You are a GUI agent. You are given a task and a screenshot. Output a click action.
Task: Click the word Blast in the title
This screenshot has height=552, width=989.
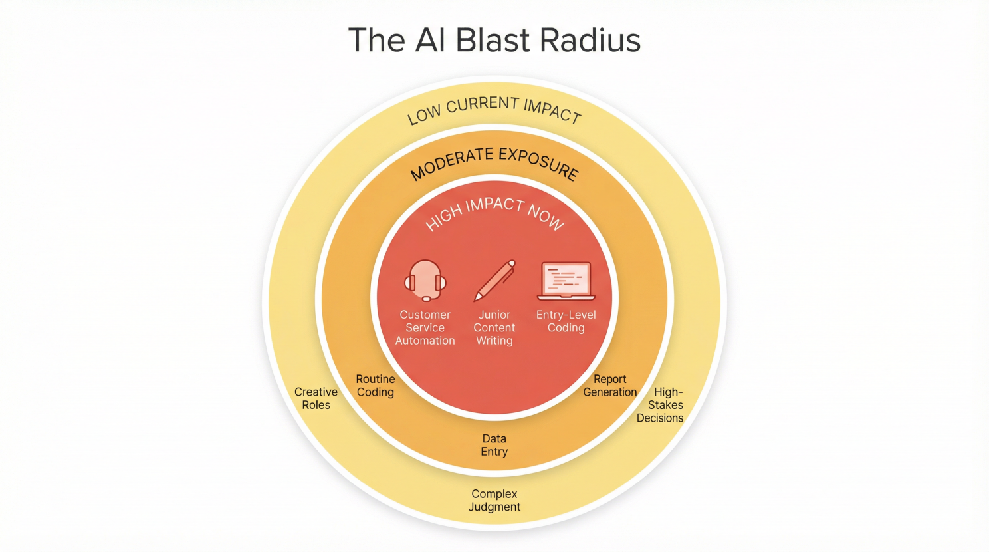(493, 40)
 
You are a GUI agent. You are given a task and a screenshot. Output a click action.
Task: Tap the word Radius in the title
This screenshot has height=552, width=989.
(590, 40)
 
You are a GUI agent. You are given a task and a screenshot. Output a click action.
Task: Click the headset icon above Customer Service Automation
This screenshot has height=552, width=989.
(425, 281)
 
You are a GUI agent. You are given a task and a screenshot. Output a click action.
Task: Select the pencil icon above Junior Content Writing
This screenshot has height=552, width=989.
(494, 280)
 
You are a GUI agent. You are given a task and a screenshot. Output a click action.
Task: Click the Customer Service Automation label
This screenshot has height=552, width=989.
(425, 327)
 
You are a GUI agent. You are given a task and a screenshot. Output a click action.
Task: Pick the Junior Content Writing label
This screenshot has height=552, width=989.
(494, 327)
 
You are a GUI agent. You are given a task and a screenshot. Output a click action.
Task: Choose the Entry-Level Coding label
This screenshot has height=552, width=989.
(566, 321)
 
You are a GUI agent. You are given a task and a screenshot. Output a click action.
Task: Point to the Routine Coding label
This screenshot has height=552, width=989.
(376, 386)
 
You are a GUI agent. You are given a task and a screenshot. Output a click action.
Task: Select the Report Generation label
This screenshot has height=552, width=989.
(610, 386)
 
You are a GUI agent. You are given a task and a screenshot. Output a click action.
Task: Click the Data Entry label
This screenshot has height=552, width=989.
(494, 445)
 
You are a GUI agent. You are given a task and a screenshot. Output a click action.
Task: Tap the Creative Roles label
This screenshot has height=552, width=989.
(316, 398)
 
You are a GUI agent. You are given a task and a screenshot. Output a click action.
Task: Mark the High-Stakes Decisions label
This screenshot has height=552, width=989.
(661, 405)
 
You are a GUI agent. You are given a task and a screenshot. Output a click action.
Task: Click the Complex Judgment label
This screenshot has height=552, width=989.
(494, 500)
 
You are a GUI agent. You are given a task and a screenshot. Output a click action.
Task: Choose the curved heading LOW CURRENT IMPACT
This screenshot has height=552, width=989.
(494, 108)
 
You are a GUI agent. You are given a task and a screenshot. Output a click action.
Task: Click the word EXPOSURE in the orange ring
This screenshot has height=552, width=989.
(540, 162)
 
